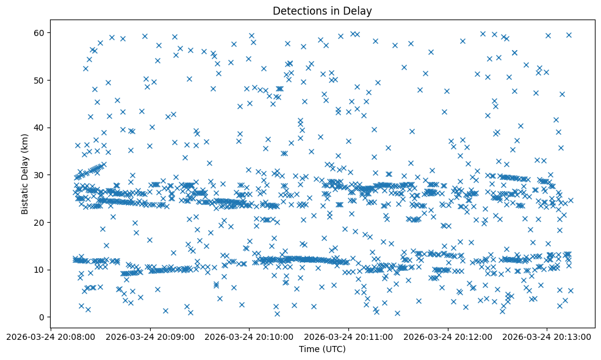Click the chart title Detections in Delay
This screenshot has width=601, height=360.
pyautogui.click(x=322, y=11)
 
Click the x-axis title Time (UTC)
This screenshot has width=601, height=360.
pyautogui.click(x=322, y=349)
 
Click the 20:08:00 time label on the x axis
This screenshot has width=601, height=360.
pyautogui.click(x=51, y=336)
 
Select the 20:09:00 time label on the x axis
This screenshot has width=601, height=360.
pyautogui.click(x=150, y=336)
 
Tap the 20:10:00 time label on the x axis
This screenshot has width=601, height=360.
pyautogui.click(x=250, y=336)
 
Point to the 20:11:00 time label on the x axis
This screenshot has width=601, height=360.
pyautogui.click(x=349, y=336)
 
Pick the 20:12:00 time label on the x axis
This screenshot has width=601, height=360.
pyautogui.click(x=448, y=336)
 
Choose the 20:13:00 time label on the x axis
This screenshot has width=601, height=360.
pyautogui.click(x=547, y=336)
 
